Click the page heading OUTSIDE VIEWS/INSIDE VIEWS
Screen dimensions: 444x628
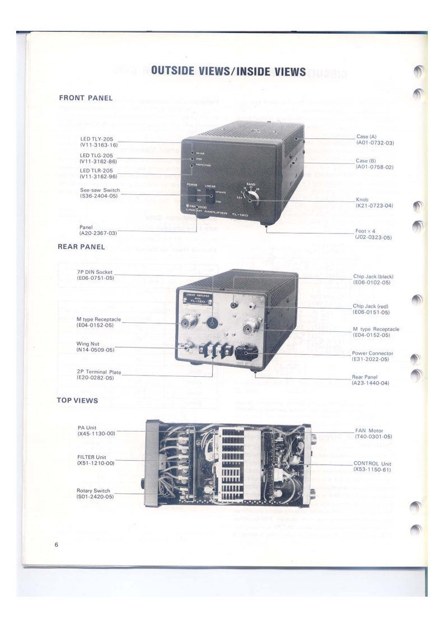[228, 72]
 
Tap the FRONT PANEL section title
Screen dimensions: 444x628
[86, 98]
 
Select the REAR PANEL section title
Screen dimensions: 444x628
[82, 246]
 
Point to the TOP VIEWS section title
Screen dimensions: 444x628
[77, 400]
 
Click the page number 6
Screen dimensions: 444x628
[57, 545]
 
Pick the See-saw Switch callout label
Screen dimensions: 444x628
[100, 193]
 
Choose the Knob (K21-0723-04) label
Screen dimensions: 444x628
[375, 203]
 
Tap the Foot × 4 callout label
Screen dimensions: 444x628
[373, 234]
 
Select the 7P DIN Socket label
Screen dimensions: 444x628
[95, 275]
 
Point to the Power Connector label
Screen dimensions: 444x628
[373, 356]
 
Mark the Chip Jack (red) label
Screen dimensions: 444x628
[372, 309]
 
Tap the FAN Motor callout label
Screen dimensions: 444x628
[373, 433]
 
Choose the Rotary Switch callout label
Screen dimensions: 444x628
[94, 494]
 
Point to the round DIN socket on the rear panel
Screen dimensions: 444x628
[213, 323]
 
